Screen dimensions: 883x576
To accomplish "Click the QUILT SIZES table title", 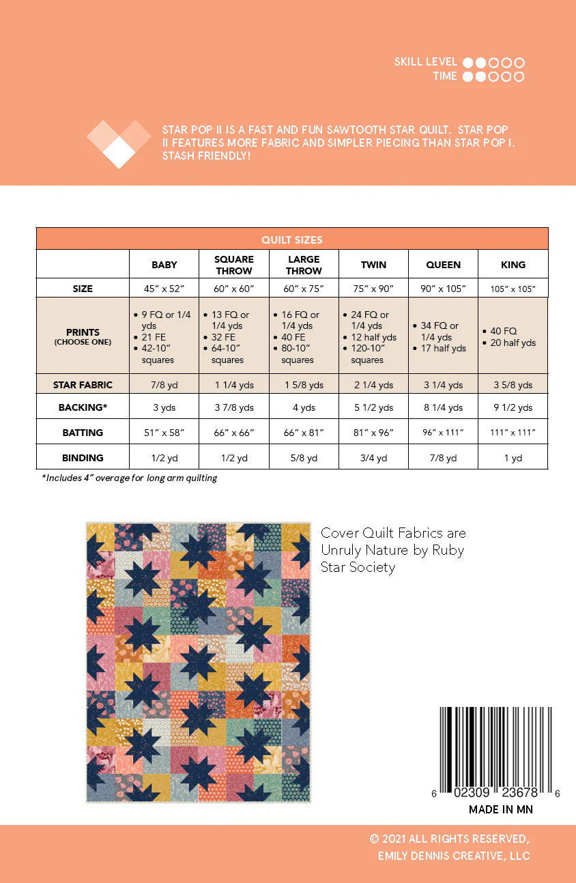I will [x=291, y=240].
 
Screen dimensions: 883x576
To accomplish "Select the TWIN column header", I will [x=373, y=265].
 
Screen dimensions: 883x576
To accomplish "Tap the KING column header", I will [x=513, y=265].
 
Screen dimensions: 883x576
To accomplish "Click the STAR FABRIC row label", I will [x=83, y=385].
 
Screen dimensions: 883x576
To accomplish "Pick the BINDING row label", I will [x=83, y=458].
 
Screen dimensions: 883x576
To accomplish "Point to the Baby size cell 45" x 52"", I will [x=164, y=289].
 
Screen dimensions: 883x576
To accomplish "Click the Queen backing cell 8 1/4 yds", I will [x=443, y=407].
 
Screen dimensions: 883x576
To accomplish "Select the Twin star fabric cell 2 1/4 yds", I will [x=373, y=385].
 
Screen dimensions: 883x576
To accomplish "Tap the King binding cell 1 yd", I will [x=513, y=458].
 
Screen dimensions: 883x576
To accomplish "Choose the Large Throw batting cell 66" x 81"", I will [x=304, y=433].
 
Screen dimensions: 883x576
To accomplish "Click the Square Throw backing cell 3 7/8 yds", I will [x=234, y=407].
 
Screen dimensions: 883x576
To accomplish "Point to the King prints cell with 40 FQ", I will [x=513, y=337].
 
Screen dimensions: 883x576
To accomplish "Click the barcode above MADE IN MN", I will [x=495, y=747].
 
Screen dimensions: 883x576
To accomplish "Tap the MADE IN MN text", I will [x=501, y=809].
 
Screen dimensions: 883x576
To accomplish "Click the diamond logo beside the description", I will [x=119, y=143].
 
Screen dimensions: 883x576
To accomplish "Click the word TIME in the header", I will [x=445, y=76].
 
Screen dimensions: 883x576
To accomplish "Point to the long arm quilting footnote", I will [x=130, y=478].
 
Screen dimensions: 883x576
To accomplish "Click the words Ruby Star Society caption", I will [x=392, y=558].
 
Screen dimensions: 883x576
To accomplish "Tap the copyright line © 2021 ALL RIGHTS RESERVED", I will [x=450, y=839].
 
